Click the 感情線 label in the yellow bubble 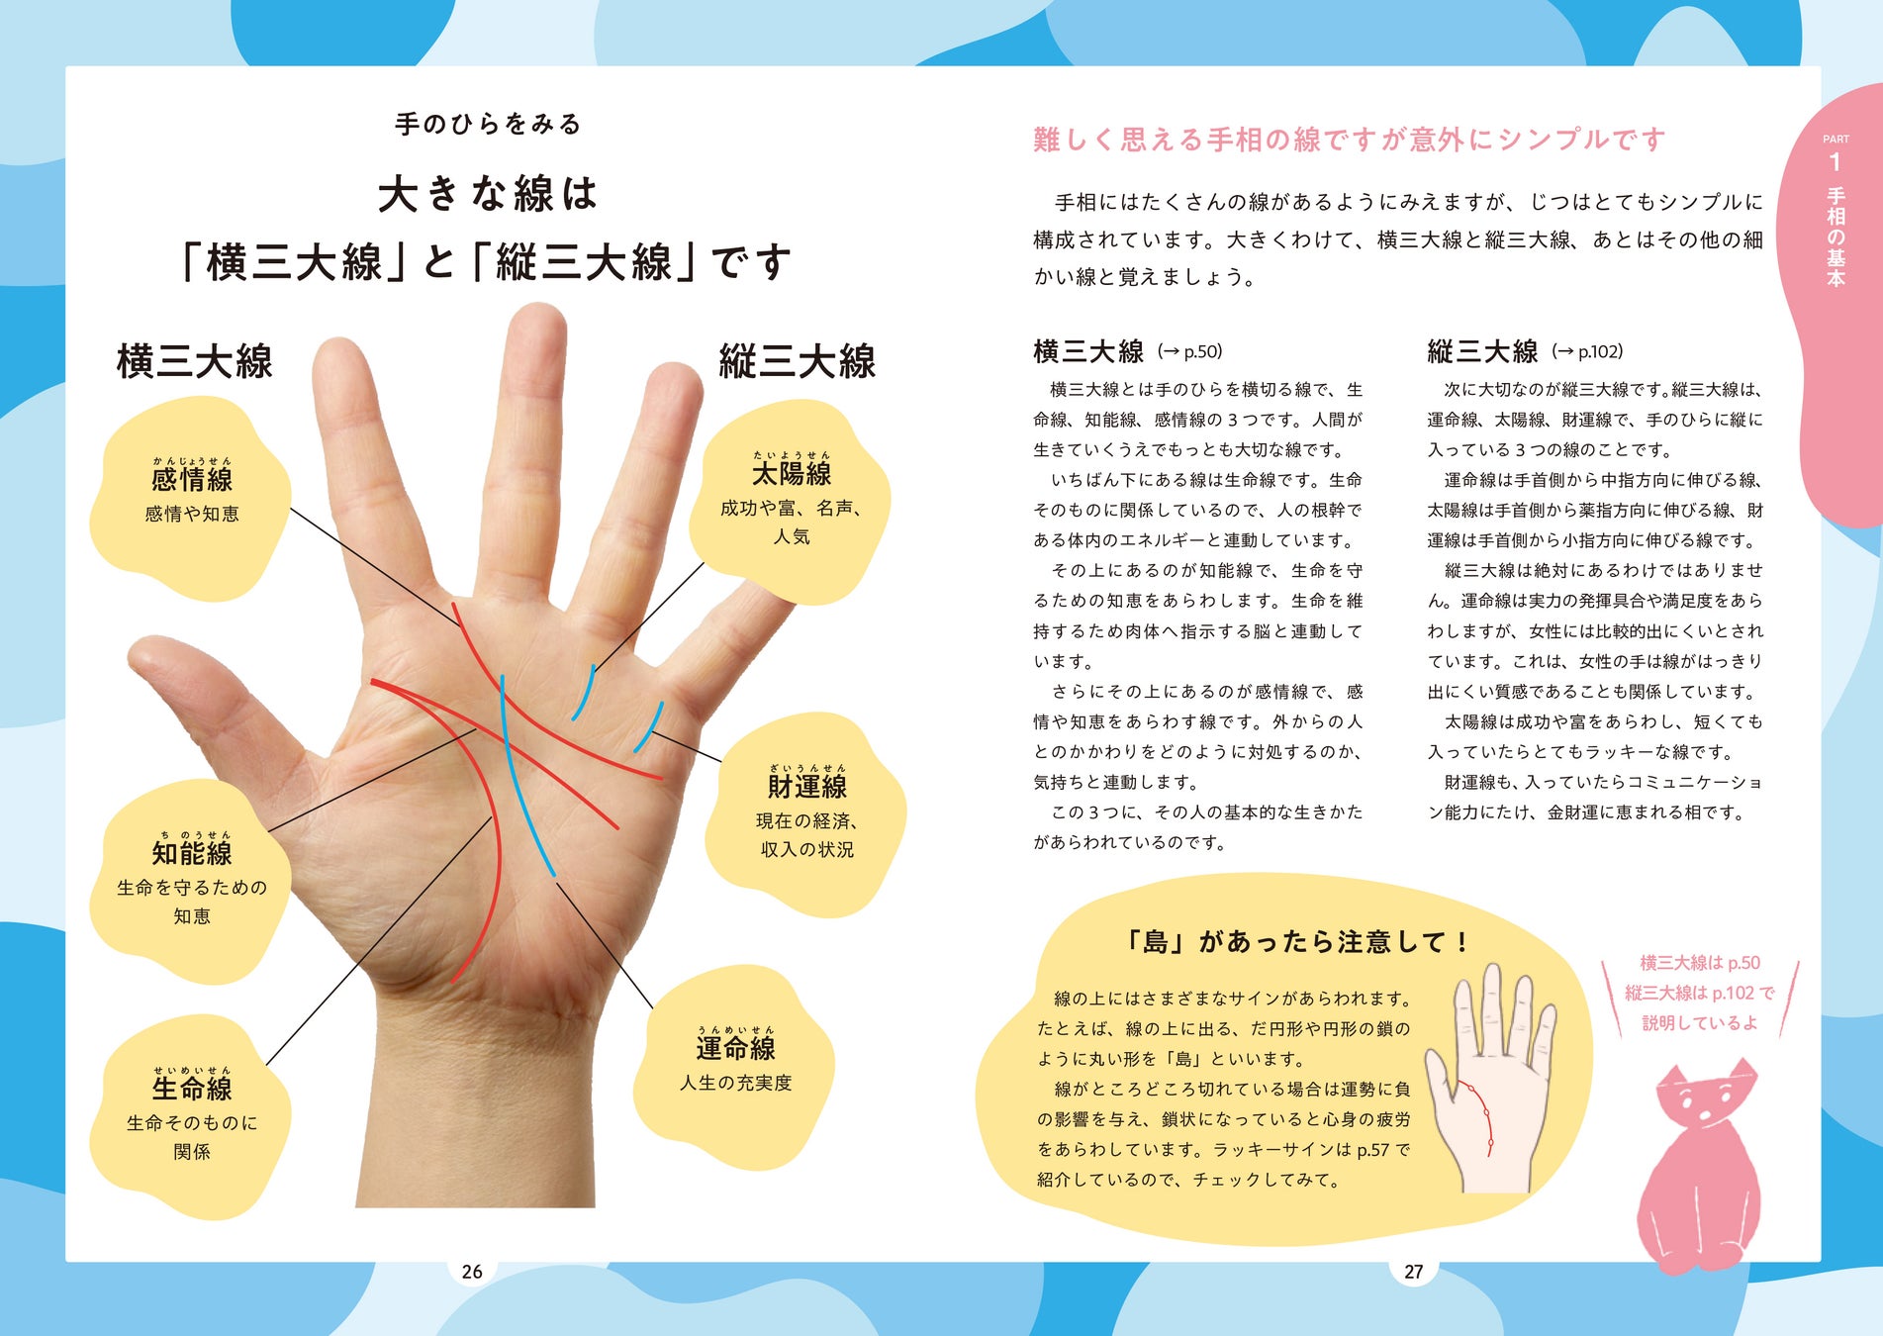(x=192, y=480)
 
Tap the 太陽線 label (x=792, y=473)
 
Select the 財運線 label (x=806, y=787)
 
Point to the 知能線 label (x=192, y=853)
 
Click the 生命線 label (x=192, y=1089)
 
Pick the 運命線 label (x=735, y=1048)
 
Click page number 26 (x=472, y=1272)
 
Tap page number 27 (x=1413, y=1272)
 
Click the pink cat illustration (x=1698, y=1168)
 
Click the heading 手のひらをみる (x=488, y=125)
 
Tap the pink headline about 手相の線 (x=1349, y=140)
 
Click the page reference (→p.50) (x=1190, y=351)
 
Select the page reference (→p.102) (x=1587, y=351)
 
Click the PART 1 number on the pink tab (x=1836, y=161)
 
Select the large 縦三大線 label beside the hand (x=798, y=362)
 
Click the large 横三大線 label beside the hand (x=195, y=362)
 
